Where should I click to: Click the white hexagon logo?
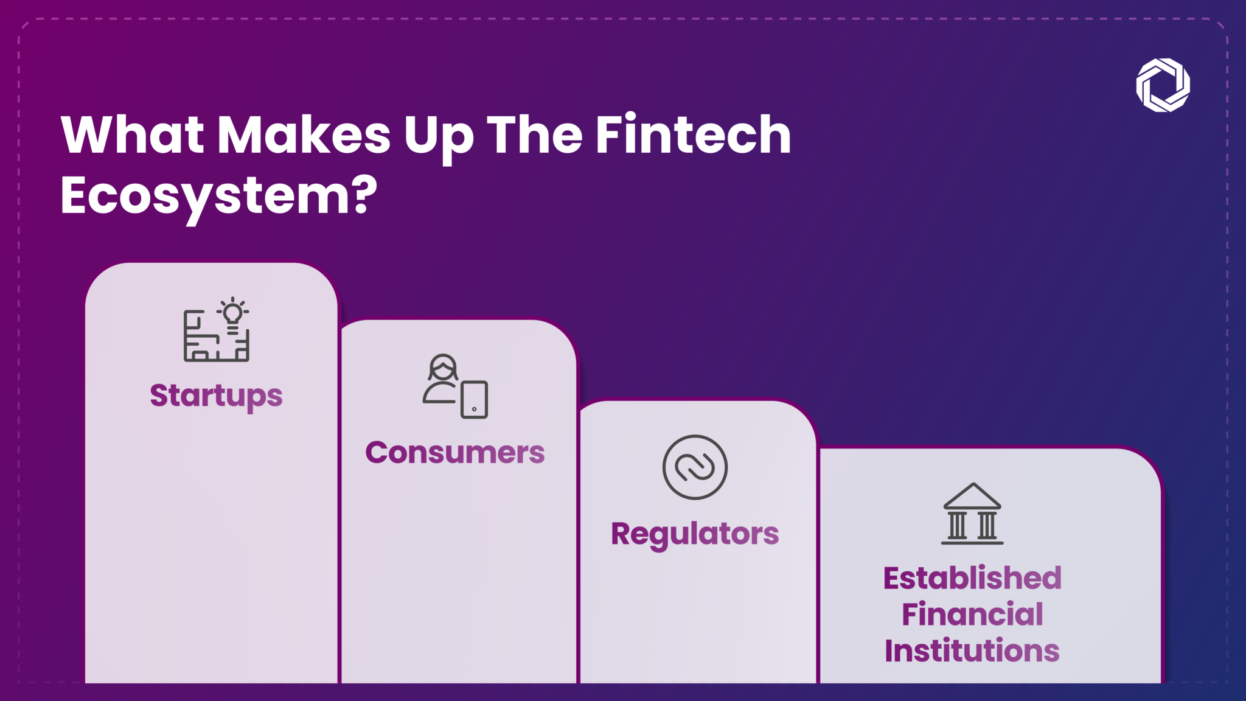pyautogui.click(x=1163, y=85)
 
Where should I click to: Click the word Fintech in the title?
pyautogui.click(x=693, y=135)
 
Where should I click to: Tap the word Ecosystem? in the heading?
pyautogui.click(x=219, y=196)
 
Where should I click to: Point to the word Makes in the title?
pyautogui.click(x=304, y=135)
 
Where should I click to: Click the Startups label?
pyautogui.click(x=216, y=396)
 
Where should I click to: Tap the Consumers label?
pyautogui.click(x=455, y=453)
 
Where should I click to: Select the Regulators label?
pyautogui.click(x=695, y=534)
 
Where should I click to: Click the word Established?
pyautogui.click(x=972, y=578)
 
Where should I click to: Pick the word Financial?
pyautogui.click(x=972, y=614)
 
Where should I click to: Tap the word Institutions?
pyautogui.click(x=972, y=650)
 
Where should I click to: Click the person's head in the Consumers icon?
pyautogui.click(x=443, y=368)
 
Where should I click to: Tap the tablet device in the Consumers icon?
pyautogui.click(x=475, y=400)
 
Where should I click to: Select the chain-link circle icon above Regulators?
pyautogui.click(x=695, y=467)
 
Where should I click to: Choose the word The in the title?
pyautogui.click(x=535, y=135)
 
